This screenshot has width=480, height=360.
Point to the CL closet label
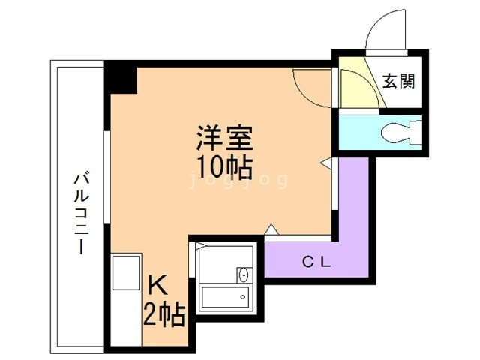click(316, 262)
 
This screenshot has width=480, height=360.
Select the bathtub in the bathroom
click(225, 296)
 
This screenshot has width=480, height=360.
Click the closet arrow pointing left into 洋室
click(326, 162)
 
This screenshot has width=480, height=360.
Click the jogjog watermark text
click(238, 180)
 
